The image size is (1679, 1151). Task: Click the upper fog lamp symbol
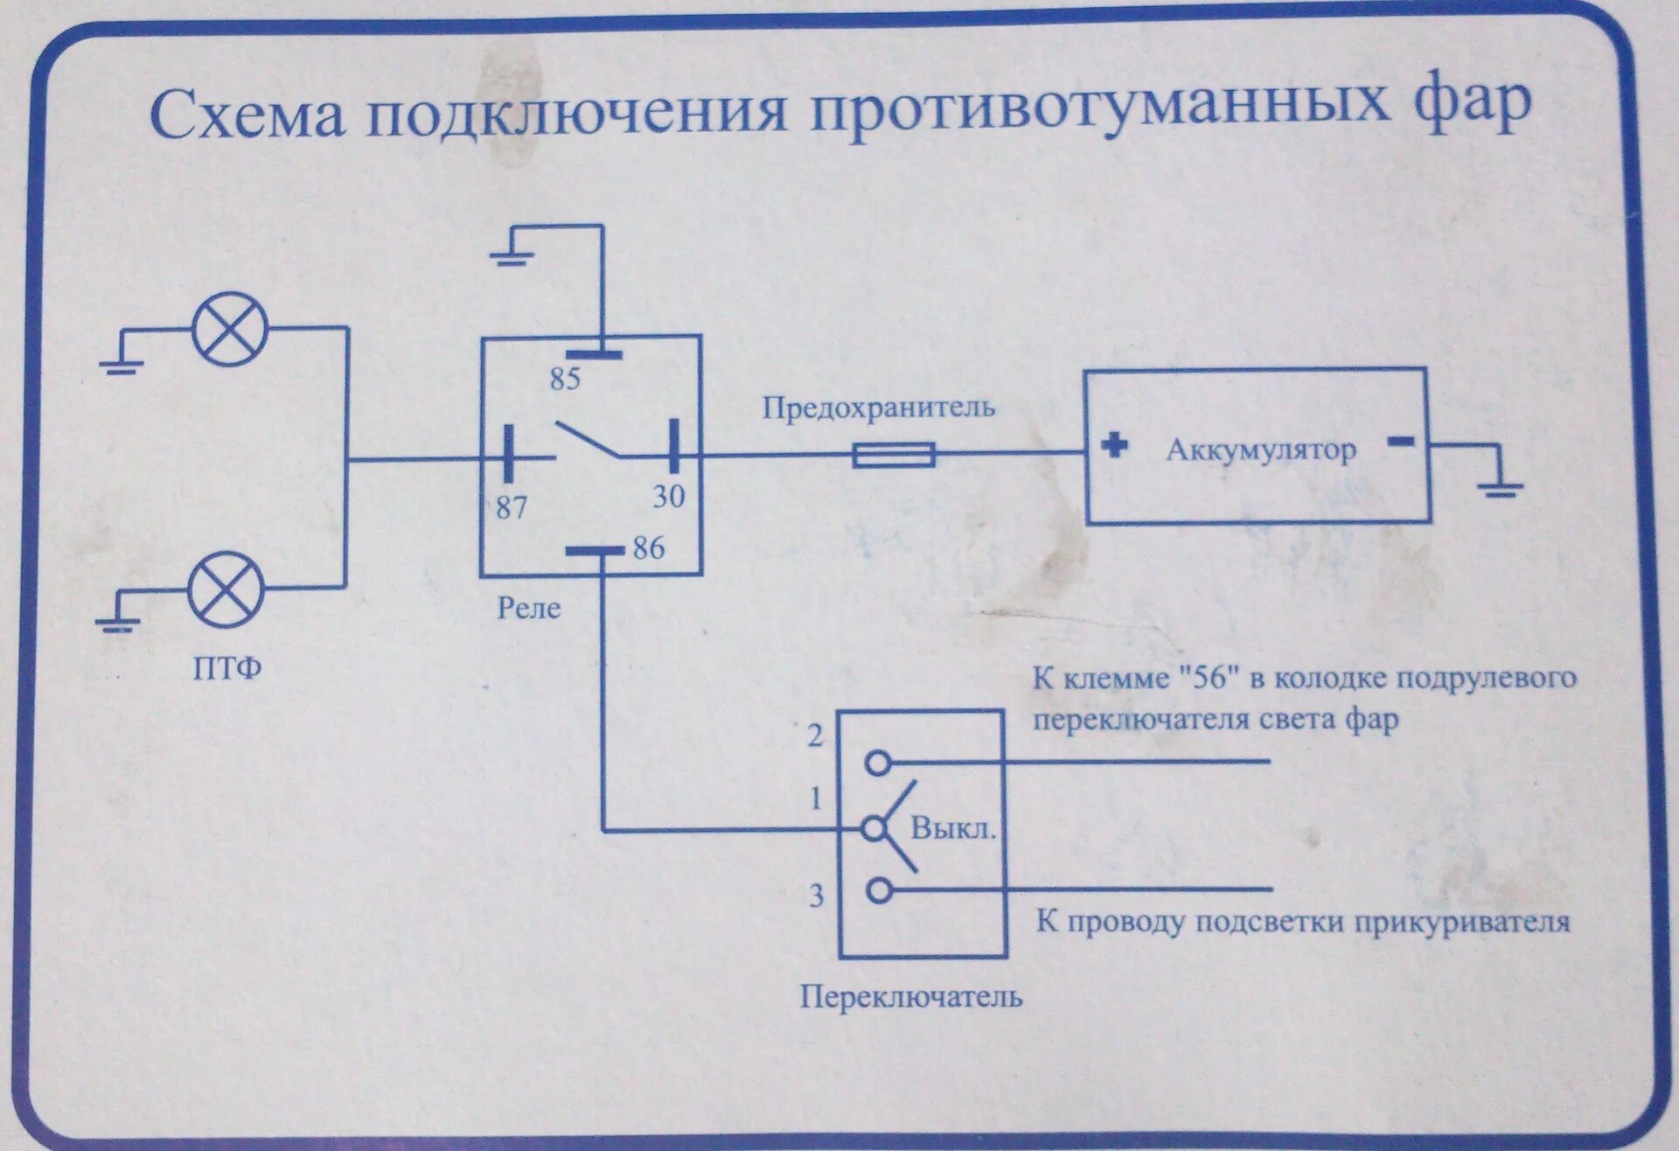[230, 329]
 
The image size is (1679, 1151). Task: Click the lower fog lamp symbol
[226, 589]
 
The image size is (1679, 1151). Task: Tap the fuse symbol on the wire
[893, 455]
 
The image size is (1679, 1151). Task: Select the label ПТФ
[226, 669]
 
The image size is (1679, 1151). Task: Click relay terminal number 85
[565, 379]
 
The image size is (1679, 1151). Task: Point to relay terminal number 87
[512, 507]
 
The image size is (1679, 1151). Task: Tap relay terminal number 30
[669, 497]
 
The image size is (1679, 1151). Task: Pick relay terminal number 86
[648, 548]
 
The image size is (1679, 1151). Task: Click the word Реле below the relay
[528, 608]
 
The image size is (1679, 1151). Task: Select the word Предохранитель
[878, 408]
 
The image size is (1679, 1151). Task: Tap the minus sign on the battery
[1400, 442]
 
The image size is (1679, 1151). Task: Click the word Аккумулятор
[1260, 450]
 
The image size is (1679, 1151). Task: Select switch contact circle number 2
[877, 763]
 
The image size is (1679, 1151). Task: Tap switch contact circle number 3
[879, 890]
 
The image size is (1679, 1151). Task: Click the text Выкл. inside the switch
[953, 827]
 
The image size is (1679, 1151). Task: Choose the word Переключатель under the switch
[910, 997]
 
